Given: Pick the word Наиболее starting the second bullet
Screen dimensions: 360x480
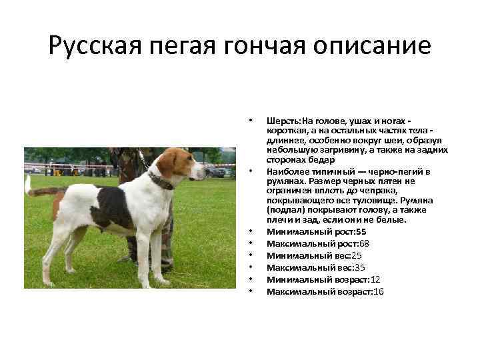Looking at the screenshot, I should [285, 171].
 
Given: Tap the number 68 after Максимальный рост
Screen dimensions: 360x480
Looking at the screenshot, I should [364, 243].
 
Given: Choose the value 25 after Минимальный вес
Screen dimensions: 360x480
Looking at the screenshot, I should [357, 255].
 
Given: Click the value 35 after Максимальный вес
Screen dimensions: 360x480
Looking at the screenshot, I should [360, 267].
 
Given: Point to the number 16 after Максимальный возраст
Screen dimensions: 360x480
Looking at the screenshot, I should [379, 292].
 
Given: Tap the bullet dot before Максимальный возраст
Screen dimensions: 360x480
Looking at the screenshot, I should [250, 292].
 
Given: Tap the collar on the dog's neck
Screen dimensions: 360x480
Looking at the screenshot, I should [160, 180].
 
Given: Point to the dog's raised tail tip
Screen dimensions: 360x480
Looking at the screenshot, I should [27, 181].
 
